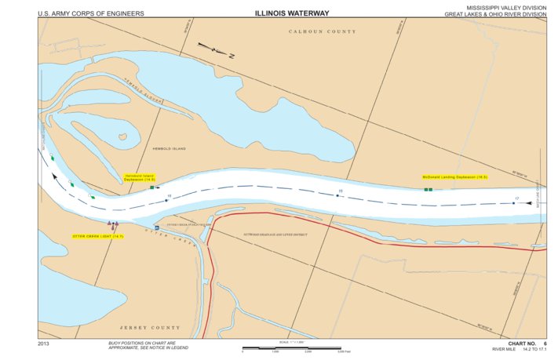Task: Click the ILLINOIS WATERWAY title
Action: [291, 13]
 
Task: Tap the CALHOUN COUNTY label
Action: [322, 31]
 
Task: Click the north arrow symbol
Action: [217, 51]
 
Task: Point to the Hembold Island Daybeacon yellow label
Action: [140, 177]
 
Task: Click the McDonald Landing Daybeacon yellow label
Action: [454, 177]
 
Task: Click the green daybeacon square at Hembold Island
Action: [152, 188]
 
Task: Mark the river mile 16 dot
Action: [338, 195]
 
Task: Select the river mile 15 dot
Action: [166, 200]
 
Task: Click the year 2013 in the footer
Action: [44, 344]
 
